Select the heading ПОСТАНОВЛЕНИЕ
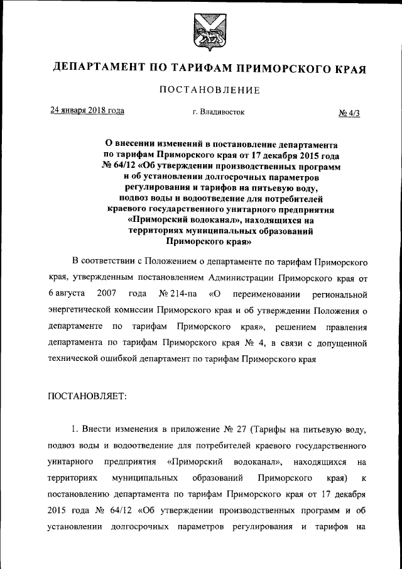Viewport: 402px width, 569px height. (209, 91)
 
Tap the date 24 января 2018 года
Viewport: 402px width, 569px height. (87, 111)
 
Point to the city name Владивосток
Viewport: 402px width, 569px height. (219, 112)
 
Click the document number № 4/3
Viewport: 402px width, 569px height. (353, 113)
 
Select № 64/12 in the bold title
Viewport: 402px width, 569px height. (117, 165)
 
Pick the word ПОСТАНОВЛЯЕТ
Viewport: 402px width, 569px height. (87, 396)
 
